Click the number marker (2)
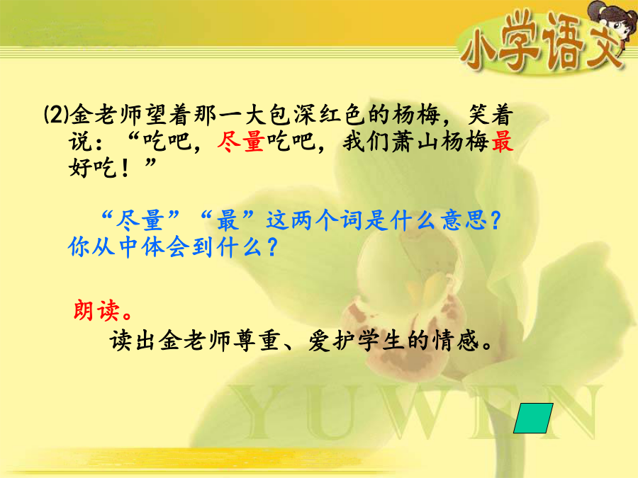tap(56, 114)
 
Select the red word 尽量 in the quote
tap(241, 142)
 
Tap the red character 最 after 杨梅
tap(502, 142)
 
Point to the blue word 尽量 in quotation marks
tap(140, 221)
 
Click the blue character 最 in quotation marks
tap(227, 221)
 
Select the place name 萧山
tap(416, 142)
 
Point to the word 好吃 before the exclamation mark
tap(92, 167)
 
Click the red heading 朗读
tap(97, 311)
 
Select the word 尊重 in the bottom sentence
tap(257, 341)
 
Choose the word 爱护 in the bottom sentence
tap(332, 341)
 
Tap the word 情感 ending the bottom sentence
tap(456, 341)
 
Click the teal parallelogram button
tap(533, 418)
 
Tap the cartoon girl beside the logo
tap(610, 23)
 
